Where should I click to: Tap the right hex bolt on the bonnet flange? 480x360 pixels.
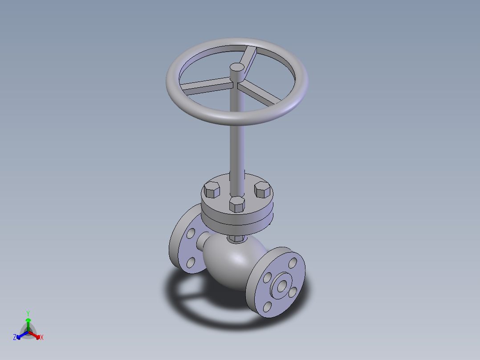pos(263,190)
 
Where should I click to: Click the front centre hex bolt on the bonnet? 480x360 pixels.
pos(237,204)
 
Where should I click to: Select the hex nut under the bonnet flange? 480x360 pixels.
pos(236,239)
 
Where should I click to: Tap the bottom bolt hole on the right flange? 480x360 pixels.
pos(267,307)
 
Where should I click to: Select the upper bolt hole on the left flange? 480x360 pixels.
pos(191,233)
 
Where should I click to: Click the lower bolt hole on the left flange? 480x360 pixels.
pos(191,262)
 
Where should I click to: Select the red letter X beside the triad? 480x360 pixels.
pos(42,337)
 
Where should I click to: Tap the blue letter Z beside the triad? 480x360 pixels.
pos(15,337)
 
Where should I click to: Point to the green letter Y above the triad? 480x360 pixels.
pos(28,313)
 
